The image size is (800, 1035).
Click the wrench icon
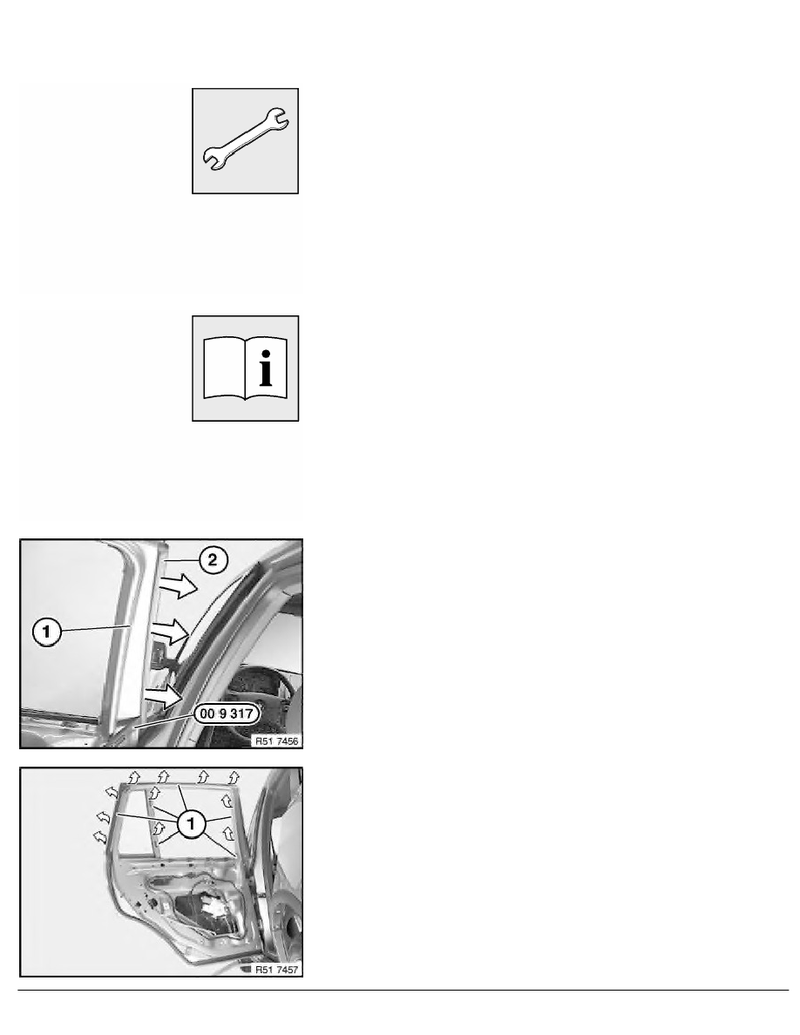pyautogui.click(x=246, y=140)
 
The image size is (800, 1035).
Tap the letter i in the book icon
pyautogui.click(x=265, y=369)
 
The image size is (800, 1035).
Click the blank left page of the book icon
pyautogui.click(x=224, y=369)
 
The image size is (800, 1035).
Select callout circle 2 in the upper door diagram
pyautogui.click(x=212, y=560)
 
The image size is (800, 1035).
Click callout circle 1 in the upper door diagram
pyautogui.click(x=46, y=632)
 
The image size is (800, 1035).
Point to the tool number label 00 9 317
pyautogui.click(x=227, y=714)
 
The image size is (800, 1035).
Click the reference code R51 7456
pyautogui.click(x=277, y=741)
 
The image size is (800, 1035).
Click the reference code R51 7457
pyautogui.click(x=277, y=970)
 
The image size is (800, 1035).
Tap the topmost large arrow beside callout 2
pyautogui.click(x=179, y=585)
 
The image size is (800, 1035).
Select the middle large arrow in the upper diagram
pyautogui.click(x=170, y=632)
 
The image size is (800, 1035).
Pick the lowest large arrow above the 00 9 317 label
pyautogui.click(x=164, y=696)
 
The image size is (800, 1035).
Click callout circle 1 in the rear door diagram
pyautogui.click(x=192, y=823)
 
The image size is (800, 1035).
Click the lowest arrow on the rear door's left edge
pyautogui.click(x=99, y=837)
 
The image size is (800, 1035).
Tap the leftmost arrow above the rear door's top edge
pyautogui.click(x=134, y=776)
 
